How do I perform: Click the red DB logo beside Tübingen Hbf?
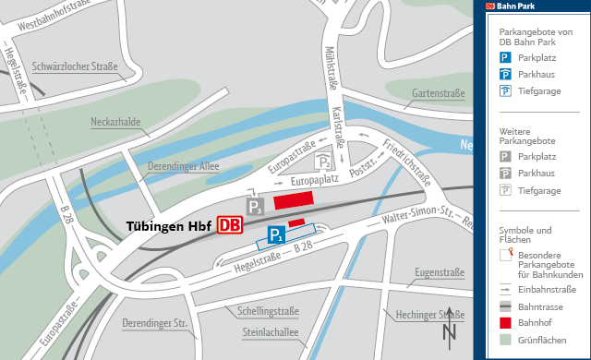tap(231, 224)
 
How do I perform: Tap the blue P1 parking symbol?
tap(275, 235)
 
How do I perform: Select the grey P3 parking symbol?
tap(255, 204)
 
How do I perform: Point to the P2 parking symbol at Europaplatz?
tap(324, 162)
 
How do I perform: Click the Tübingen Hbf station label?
tap(170, 225)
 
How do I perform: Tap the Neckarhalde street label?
tap(115, 122)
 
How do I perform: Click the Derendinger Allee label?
tap(185, 167)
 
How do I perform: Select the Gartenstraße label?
tap(437, 93)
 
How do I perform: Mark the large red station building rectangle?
tap(295, 199)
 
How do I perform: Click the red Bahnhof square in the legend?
tap(505, 322)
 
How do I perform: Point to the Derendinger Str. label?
tap(154, 323)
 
